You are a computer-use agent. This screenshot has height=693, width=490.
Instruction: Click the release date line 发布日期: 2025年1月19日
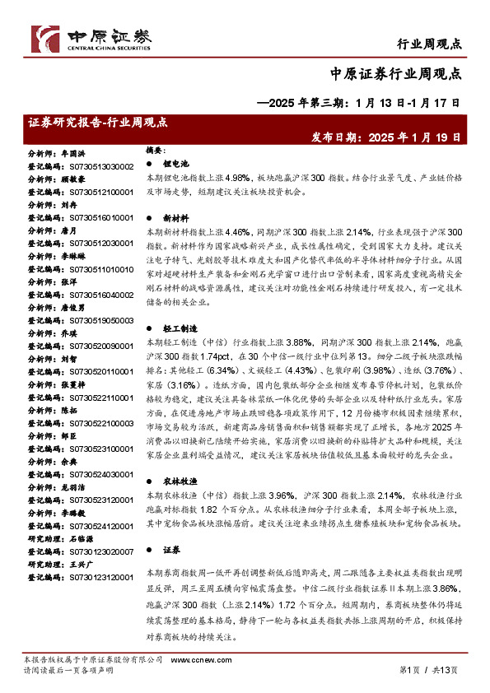point(385,137)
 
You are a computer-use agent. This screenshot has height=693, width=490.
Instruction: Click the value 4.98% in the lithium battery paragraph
point(236,178)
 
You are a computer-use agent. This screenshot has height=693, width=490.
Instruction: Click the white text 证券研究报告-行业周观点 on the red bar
point(98,122)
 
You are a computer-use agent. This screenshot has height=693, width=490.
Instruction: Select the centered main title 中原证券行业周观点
point(401,73)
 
